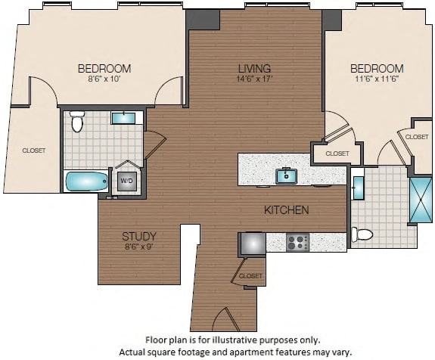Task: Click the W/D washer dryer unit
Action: pos(125,181)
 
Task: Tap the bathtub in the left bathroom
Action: pos(86,182)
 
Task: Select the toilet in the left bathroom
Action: pos(76,121)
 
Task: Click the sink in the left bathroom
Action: pos(122,118)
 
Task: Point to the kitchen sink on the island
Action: pos(286,176)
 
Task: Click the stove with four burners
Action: pos(297,243)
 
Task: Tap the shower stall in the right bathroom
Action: pos(420,200)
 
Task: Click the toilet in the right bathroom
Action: pos(362,234)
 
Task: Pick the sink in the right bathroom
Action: pos(359,187)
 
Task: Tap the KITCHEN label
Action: pos(286,209)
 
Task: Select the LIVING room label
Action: pos(254,68)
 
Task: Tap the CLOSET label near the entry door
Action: pos(250,276)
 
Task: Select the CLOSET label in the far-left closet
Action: pos(33,151)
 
